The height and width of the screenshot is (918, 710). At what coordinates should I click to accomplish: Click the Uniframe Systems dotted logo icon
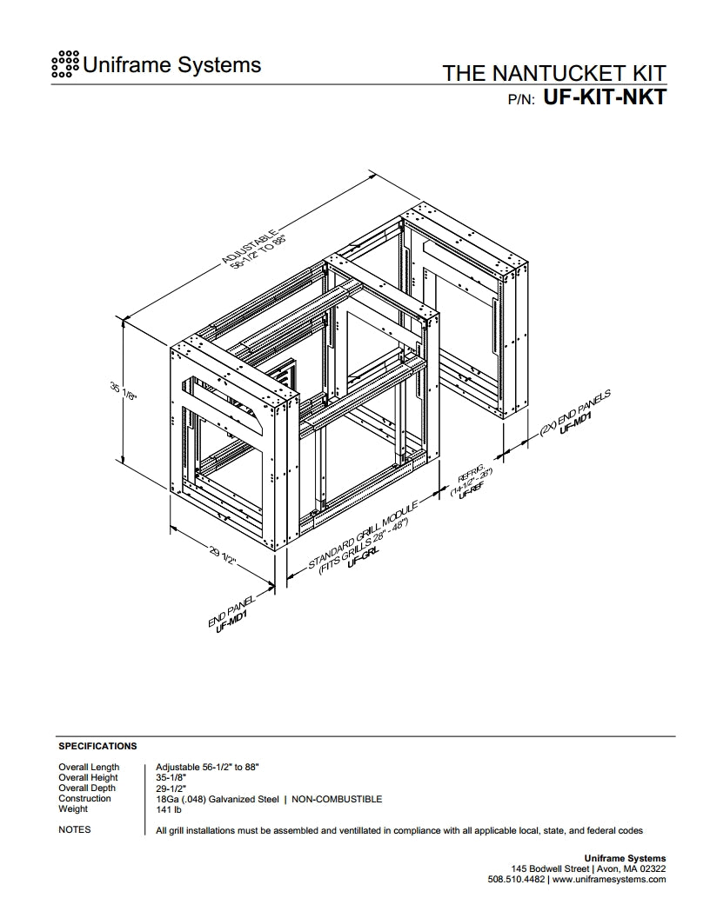[66, 64]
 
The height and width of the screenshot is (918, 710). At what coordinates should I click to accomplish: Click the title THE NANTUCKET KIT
[554, 73]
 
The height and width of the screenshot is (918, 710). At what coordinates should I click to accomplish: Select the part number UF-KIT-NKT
[605, 96]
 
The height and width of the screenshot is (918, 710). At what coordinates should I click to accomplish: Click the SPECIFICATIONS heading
[97, 746]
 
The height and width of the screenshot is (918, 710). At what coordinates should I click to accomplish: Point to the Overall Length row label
[89, 767]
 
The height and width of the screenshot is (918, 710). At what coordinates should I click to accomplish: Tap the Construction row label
[84, 798]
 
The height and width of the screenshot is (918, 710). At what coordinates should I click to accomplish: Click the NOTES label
[74, 829]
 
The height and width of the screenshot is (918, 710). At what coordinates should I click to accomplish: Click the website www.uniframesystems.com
[609, 879]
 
